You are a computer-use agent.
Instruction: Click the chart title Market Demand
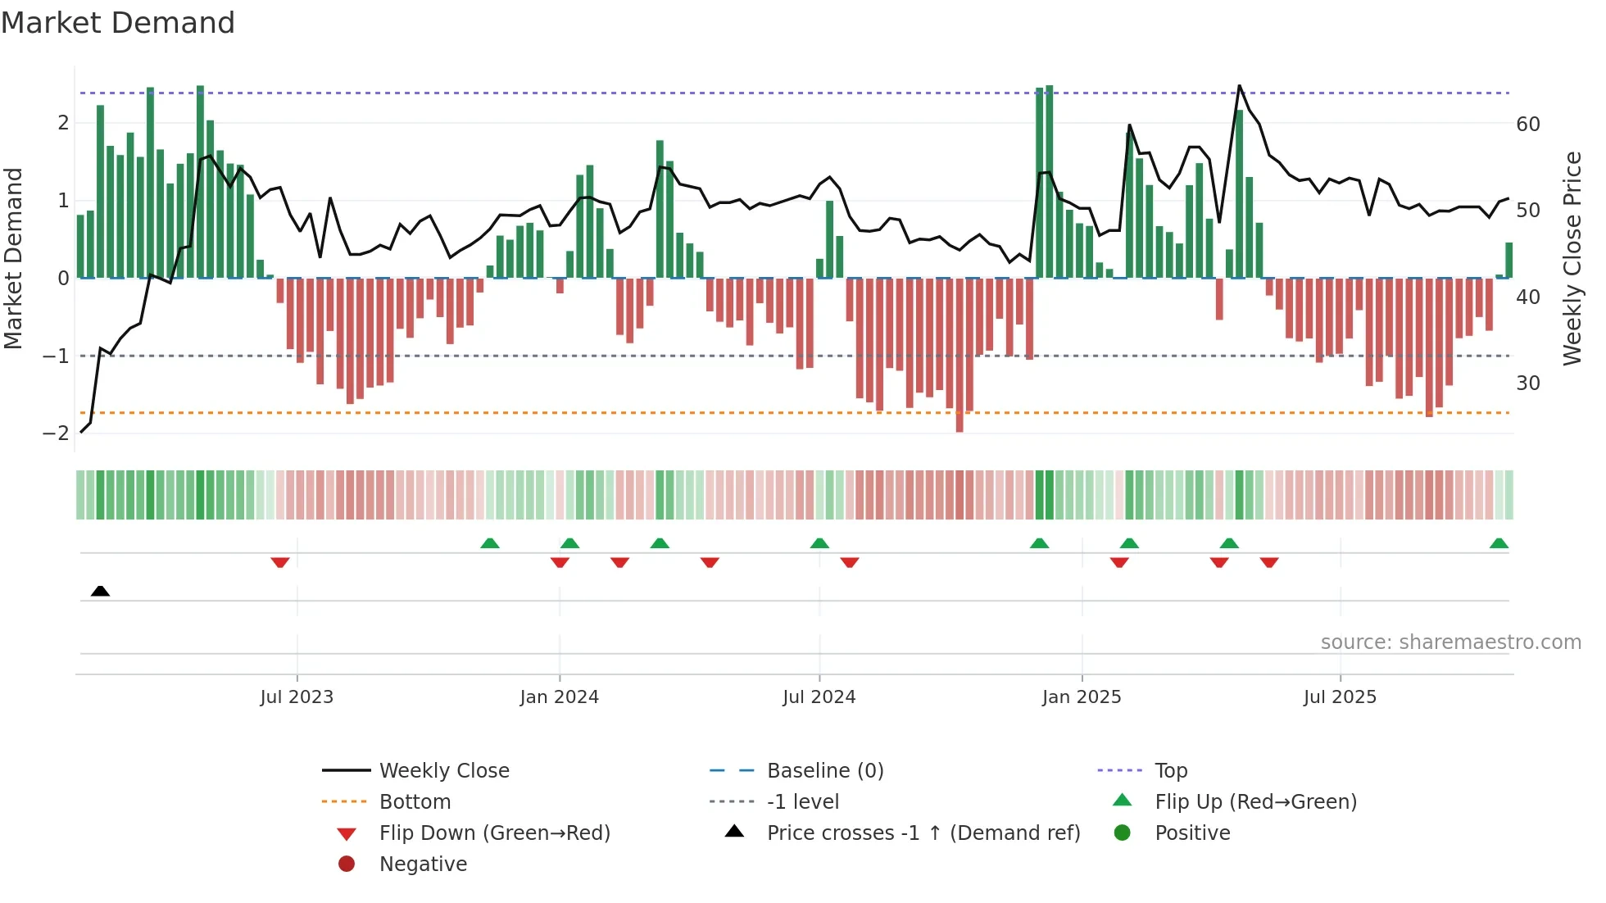118,23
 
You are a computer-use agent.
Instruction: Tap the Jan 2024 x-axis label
559,697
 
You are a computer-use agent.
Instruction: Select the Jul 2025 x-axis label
1340,697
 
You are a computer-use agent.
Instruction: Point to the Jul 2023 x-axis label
297,697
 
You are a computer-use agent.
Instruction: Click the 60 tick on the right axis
1527,125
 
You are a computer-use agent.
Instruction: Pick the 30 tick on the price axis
1527,383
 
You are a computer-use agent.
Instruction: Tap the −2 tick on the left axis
57,433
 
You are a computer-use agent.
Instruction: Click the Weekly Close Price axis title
1572,258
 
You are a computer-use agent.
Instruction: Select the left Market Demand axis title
14,258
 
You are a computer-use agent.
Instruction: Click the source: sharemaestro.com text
1450,642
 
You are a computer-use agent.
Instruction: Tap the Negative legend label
423,864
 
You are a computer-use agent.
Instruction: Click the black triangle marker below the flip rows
100,591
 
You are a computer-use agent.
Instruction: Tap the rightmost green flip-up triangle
1499,543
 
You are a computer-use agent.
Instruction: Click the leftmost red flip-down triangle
280,562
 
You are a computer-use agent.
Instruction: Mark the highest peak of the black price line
1239,86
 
